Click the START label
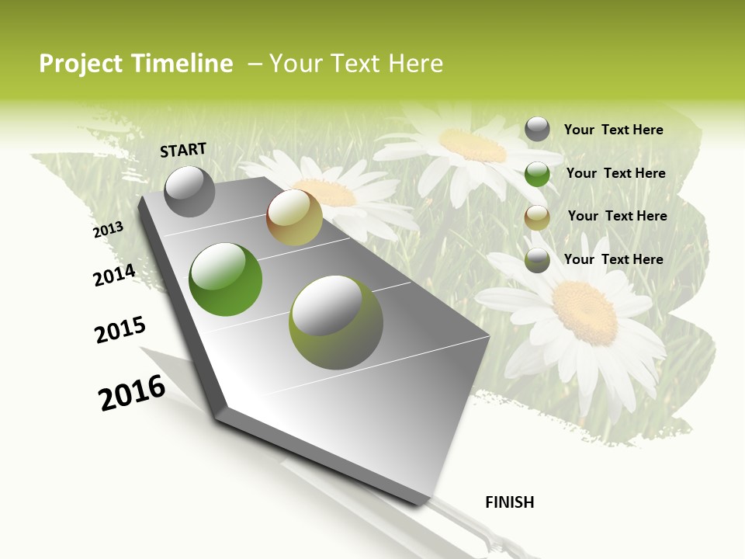[183, 149]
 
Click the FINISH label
[509, 502]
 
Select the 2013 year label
[108, 229]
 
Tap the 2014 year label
[114, 275]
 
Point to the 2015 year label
[120, 329]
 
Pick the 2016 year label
[132, 393]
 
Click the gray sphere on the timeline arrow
[189, 191]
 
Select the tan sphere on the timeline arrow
[294, 217]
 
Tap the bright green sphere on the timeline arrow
[225, 279]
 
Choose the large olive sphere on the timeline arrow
[336, 322]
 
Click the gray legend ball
[537, 129]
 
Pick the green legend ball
[537, 174]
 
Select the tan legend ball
[537, 217]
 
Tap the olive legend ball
[537, 260]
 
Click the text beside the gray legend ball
[613, 130]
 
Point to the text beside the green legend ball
[615, 173]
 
